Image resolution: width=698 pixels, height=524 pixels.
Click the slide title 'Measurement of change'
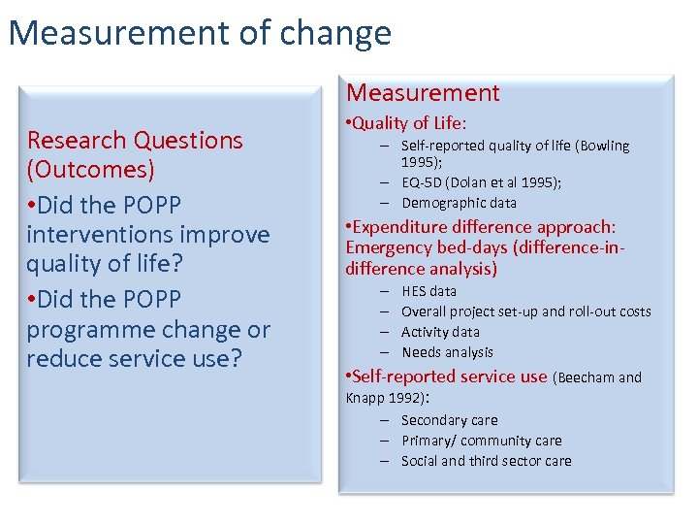tap(200, 33)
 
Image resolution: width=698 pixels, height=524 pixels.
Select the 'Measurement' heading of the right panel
tap(423, 93)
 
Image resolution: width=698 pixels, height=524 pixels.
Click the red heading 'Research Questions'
tap(135, 140)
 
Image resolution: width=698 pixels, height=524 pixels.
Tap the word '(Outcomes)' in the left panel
tap(90, 170)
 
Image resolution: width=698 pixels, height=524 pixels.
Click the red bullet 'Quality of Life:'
tap(410, 123)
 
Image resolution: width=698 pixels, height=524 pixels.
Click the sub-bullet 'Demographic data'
tap(459, 203)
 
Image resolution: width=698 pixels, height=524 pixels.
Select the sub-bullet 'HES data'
tap(428, 291)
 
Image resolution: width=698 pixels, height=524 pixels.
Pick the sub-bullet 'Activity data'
tap(440, 332)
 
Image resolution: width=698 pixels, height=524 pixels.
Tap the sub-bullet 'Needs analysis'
tap(447, 352)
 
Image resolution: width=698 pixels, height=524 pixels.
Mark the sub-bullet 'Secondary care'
tap(449, 420)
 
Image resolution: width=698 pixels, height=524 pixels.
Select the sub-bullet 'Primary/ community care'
tap(481, 441)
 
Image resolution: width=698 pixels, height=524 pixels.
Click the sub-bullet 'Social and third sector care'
tap(486, 461)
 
